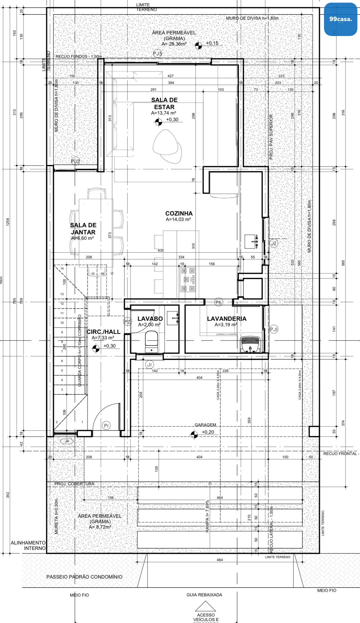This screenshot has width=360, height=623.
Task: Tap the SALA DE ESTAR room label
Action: pos(164,103)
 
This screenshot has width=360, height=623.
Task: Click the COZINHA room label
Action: pos(179,213)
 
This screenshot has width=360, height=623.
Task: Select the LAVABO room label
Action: pos(150,319)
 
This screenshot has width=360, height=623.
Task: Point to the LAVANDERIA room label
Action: pos(227,319)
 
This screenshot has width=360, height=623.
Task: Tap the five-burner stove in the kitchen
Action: pos(188,279)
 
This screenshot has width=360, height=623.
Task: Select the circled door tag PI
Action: pos(106,425)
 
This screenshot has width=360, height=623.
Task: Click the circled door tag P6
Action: pos(218,302)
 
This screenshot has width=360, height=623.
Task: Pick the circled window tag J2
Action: pos(274,243)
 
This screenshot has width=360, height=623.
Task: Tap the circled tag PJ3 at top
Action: pos(158,53)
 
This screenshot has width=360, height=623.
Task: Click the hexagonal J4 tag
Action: pos(67,441)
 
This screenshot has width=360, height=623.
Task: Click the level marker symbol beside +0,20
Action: pos(194,435)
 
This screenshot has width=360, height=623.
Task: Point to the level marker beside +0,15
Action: pos(199,46)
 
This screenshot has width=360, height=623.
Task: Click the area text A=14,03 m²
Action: pos(178,219)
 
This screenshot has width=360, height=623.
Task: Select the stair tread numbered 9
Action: pos(62,332)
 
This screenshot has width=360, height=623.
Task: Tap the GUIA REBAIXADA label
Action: pos(204,595)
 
